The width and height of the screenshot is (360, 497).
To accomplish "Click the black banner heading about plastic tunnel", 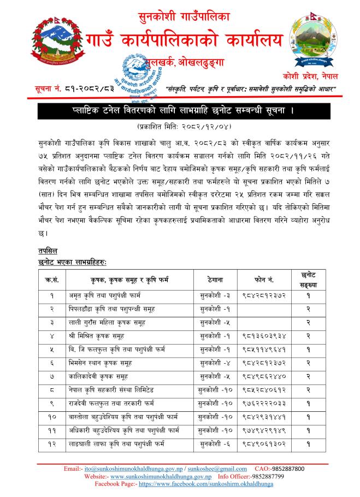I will [x=180, y=112].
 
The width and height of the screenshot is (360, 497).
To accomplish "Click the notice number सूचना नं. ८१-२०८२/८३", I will [x=52, y=88].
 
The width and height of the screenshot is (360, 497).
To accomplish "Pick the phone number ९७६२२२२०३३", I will [x=264, y=401].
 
